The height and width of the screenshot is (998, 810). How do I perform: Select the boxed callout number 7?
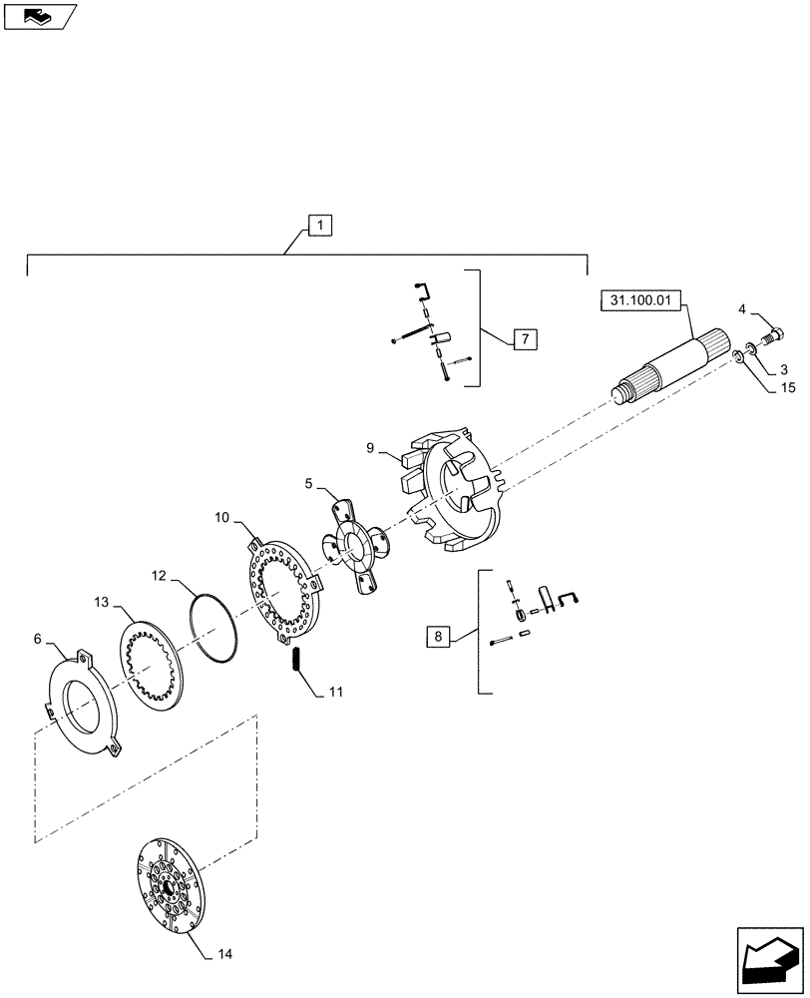point(526,339)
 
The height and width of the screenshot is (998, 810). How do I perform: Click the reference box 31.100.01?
point(638,298)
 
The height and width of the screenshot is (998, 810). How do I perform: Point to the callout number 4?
point(743,309)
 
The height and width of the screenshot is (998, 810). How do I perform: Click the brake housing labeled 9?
point(454,489)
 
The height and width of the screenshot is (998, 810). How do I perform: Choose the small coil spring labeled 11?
point(296,660)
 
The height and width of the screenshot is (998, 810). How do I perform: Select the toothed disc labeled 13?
point(156,667)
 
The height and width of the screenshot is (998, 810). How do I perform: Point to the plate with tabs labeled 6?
point(85,704)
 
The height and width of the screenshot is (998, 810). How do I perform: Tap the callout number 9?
point(370,449)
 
